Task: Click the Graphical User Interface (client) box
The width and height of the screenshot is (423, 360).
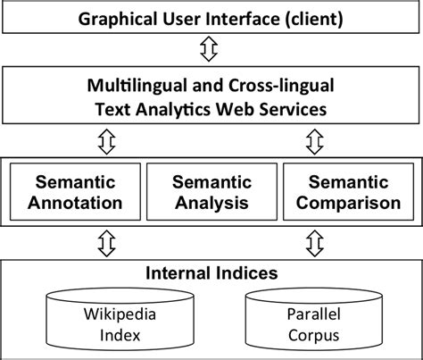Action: [211, 18]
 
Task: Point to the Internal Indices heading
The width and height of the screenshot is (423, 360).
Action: [211, 273]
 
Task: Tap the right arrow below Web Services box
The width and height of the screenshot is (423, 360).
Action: [314, 140]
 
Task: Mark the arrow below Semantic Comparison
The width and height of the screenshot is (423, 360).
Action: [314, 241]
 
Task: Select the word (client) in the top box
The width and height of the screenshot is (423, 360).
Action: [309, 18]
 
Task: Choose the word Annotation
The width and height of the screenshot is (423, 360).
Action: [76, 202]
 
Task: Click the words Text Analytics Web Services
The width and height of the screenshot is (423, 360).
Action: [211, 110]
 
